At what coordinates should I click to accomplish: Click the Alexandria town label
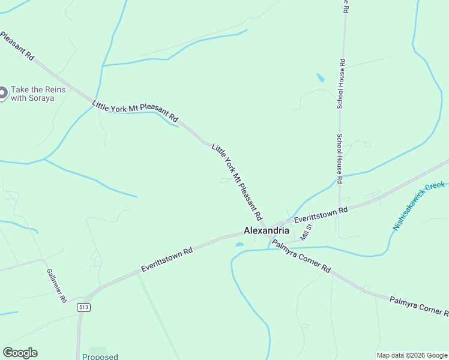pyautogui.click(x=267, y=230)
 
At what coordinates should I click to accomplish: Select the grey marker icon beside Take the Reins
pyautogui.click(x=2, y=93)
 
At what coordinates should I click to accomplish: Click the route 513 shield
pyautogui.click(x=84, y=307)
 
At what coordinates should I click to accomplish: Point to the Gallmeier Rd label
pyautogui.click(x=56, y=285)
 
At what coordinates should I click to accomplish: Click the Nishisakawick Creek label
pyautogui.click(x=419, y=206)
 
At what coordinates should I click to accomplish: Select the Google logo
pyautogui.click(x=20, y=353)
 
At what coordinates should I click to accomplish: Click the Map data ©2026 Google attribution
pyautogui.click(x=412, y=355)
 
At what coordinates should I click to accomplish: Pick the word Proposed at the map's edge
pyautogui.click(x=100, y=356)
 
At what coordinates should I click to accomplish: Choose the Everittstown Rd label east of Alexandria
pyautogui.click(x=321, y=216)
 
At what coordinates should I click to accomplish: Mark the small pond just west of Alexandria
pyautogui.click(x=240, y=244)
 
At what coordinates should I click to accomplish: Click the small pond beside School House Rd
pyautogui.click(x=321, y=78)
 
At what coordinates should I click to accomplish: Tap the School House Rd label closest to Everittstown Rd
pyautogui.click(x=339, y=158)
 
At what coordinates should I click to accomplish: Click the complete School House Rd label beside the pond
pyautogui.click(x=341, y=83)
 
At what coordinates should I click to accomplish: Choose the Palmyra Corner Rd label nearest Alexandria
pyautogui.click(x=301, y=256)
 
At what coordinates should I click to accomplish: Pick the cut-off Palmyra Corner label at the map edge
pyautogui.click(x=418, y=305)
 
